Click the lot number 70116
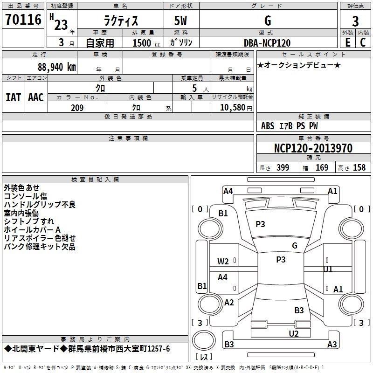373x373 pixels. [x=23, y=20]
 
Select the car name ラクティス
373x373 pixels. [x=120, y=21]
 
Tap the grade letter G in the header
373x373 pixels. [x=268, y=21]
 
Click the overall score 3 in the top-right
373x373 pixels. [x=355, y=21]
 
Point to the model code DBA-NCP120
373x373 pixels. [x=267, y=43]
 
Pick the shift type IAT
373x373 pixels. [x=13, y=97]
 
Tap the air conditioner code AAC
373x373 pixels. [x=36, y=97]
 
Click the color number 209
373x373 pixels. [x=77, y=108]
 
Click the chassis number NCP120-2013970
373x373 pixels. [x=313, y=148]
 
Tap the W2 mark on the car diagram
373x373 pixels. [x=223, y=262]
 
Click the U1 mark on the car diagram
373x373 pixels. [x=328, y=269]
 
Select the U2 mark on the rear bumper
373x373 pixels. [x=294, y=333]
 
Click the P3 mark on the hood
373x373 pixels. [x=260, y=224]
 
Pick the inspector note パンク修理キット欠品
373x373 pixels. [x=40, y=247]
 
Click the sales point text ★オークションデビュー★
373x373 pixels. [x=299, y=65]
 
